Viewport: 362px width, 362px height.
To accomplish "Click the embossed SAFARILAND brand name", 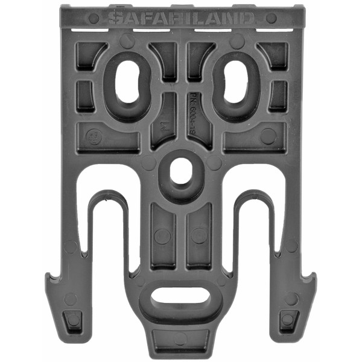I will point(181,17).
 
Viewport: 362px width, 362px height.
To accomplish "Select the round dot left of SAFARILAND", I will point(94,17).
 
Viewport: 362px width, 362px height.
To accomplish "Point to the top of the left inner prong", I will point(107,198).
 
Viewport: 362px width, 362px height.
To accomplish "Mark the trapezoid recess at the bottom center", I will point(180,338).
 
